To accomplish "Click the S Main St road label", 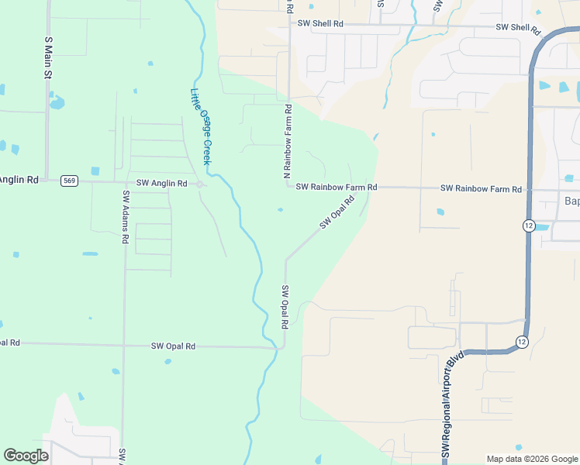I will (47, 57).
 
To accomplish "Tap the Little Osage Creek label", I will (200, 126).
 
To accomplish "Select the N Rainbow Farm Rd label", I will (287, 137).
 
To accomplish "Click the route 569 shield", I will (70, 181).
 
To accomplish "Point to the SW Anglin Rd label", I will (161, 184).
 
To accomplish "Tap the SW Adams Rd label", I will (124, 216).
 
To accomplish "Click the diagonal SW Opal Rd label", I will (337, 212).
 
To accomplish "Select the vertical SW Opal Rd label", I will (285, 306).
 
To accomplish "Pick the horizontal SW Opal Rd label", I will (173, 346).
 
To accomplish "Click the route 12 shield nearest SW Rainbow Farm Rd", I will (528, 225).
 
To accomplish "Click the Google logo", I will (26, 456).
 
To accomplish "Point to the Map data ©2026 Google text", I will (531, 459).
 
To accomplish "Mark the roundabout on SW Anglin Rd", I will (199, 184).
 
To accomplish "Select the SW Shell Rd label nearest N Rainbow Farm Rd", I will (320, 24).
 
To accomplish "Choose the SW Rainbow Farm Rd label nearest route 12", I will (481, 188).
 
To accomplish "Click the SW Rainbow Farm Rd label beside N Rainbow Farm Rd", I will (337, 188).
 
